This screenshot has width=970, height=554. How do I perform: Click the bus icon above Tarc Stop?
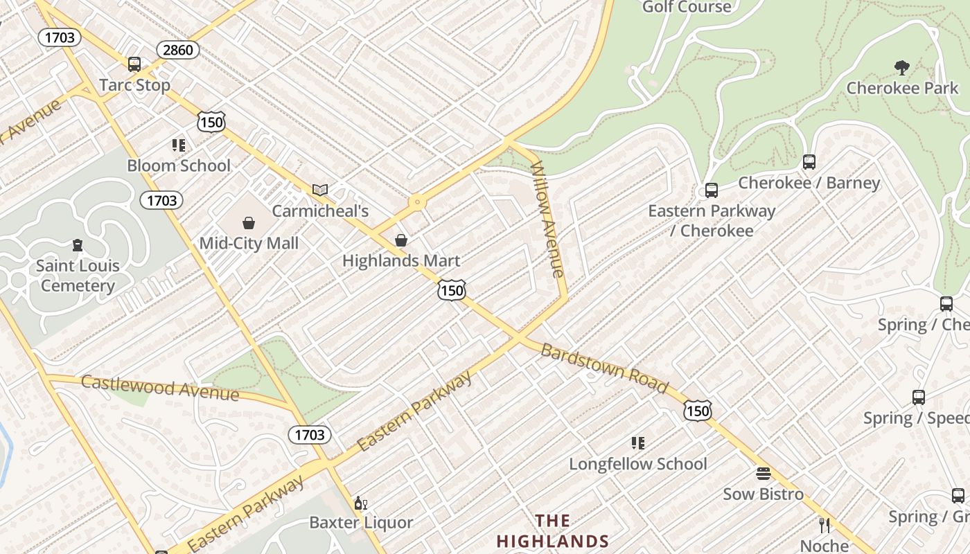(134, 64)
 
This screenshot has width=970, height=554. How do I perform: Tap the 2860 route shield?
(178, 50)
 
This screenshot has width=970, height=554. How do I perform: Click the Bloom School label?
(179, 166)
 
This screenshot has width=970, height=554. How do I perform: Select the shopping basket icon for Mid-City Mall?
(249, 223)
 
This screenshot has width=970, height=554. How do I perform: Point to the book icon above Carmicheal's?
(319, 190)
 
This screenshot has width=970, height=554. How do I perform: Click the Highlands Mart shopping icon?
(400, 240)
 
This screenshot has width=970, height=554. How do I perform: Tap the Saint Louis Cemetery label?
(78, 276)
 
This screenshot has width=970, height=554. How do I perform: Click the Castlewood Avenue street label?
(160, 388)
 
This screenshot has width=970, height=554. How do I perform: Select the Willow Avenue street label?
(548, 219)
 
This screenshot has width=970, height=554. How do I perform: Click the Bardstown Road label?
(604, 368)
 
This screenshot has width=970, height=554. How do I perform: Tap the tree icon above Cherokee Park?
(901, 67)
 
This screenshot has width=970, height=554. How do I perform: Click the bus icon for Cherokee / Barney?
(809, 162)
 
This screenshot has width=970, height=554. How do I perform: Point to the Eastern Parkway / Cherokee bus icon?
(711, 190)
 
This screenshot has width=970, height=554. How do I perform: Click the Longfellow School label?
(638, 464)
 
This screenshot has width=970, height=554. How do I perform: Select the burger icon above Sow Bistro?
(763, 474)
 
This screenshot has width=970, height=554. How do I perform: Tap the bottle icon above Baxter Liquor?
(360, 503)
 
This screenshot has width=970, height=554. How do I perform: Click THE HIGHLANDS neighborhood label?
(552, 531)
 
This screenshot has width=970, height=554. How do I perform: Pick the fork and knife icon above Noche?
(824, 525)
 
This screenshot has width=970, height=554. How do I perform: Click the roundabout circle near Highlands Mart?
(417, 203)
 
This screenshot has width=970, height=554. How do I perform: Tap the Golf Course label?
(687, 7)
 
